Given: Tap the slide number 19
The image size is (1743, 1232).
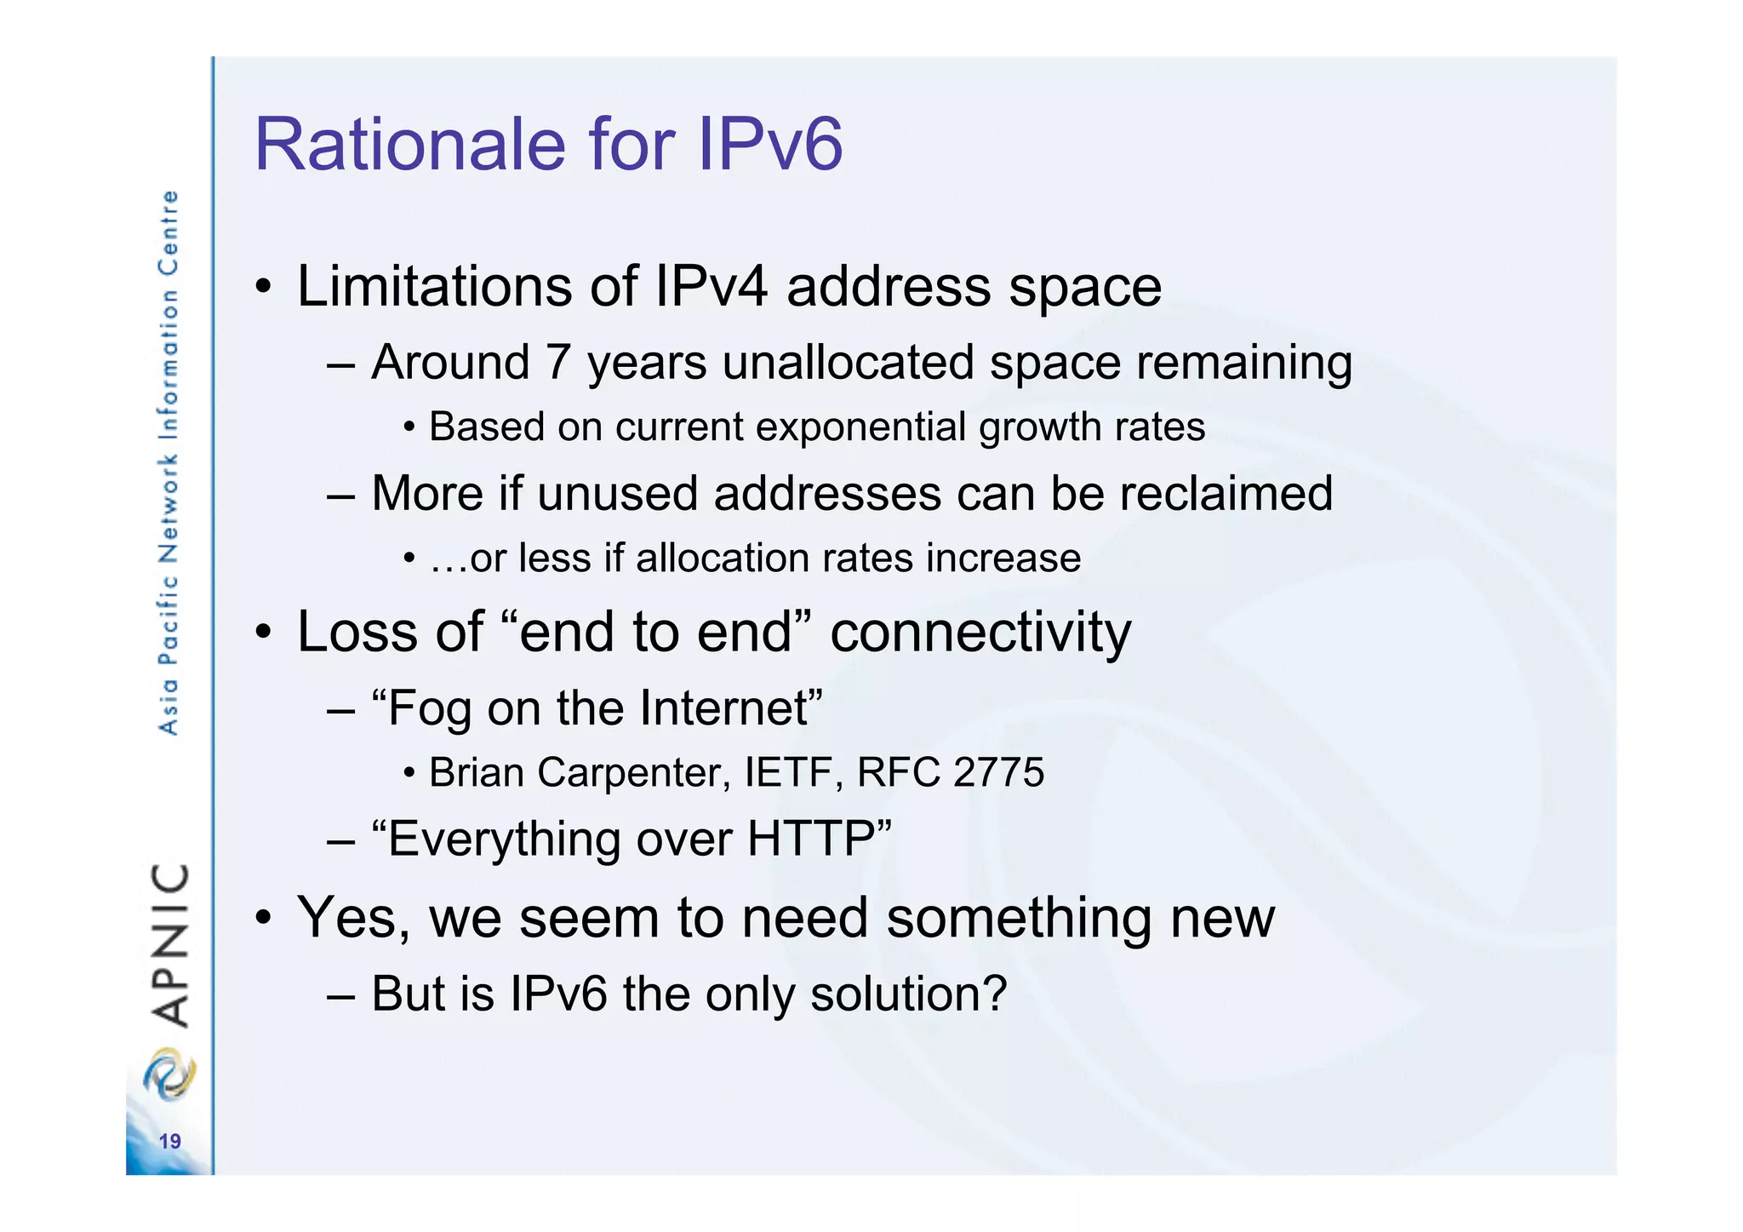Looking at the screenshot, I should pyautogui.click(x=170, y=1141).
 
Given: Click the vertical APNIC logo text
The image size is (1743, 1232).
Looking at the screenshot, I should pyautogui.click(x=169, y=945).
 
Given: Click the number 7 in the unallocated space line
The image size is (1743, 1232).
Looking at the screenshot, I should pyautogui.click(x=558, y=362).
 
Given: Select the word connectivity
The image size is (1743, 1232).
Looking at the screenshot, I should pyautogui.click(x=980, y=633).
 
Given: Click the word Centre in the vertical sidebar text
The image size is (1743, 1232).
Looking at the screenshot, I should pyautogui.click(x=169, y=232).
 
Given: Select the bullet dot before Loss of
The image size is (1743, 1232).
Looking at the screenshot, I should pyautogui.click(x=265, y=633).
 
